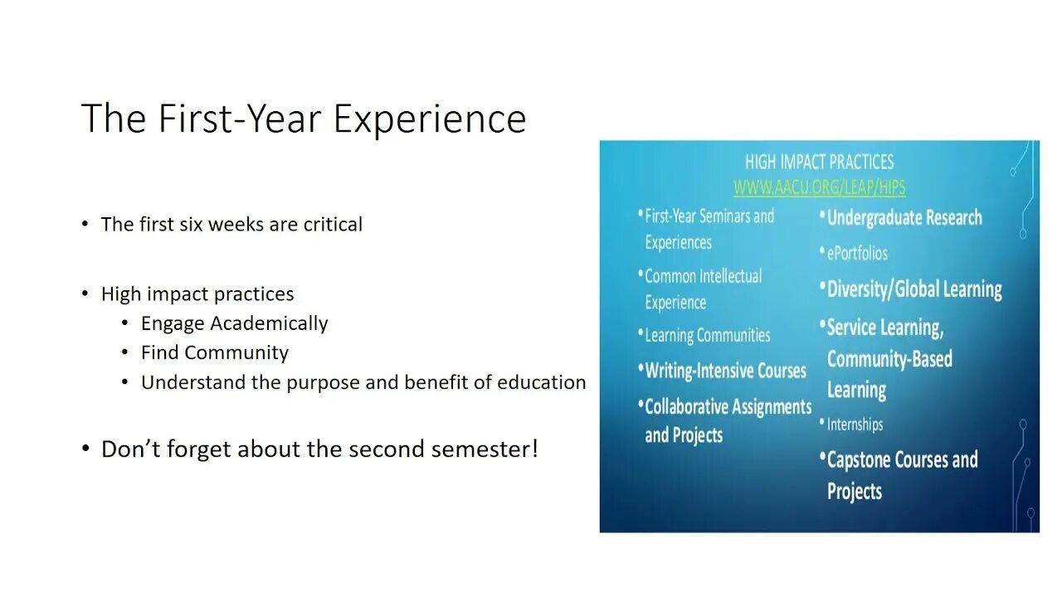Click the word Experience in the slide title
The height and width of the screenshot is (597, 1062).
coord(430,119)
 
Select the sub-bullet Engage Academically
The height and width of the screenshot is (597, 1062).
coord(234,323)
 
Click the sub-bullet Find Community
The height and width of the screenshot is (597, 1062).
coord(214,352)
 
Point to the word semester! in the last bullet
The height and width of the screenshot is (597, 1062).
coord(490,449)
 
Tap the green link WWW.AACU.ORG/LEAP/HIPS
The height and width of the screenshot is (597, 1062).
coord(819,187)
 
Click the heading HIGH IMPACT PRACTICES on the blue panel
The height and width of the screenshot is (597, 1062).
coord(819,162)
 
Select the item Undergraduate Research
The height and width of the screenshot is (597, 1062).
coord(904,218)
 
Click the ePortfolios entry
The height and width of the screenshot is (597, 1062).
coord(857,254)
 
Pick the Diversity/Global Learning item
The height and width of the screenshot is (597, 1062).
coord(913,289)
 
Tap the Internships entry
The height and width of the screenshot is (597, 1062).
coord(855,425)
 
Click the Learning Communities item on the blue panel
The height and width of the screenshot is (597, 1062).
coord(707,336)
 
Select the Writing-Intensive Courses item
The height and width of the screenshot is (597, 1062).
coord(725,371)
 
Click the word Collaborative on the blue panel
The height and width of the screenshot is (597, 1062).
coord(694,407)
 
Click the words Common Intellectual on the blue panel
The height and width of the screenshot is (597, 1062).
coord(703,276)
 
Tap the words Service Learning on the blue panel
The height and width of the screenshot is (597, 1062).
coord(884,328)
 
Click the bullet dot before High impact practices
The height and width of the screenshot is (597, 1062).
coord(85,294)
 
